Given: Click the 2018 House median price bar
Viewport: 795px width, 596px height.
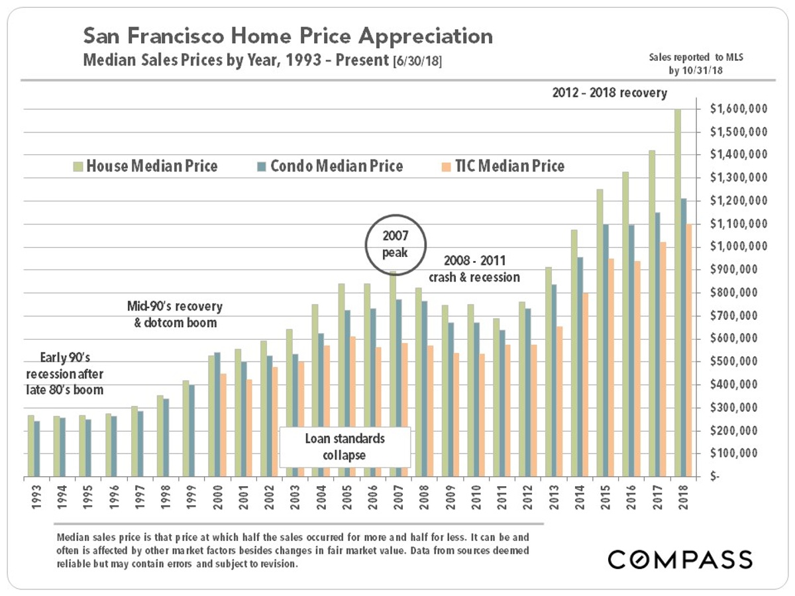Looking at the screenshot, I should (677, 291).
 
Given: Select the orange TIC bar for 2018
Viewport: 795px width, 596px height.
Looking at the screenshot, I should (689, 351).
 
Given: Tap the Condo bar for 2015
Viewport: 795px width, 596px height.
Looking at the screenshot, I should (605, 351).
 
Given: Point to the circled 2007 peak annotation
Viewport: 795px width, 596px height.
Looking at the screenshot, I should (392, 242).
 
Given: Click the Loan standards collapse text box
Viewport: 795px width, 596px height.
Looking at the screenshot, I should (344, 447).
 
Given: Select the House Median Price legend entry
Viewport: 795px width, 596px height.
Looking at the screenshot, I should (145, 166).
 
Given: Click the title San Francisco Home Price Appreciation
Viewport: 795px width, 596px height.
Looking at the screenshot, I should (288, 36).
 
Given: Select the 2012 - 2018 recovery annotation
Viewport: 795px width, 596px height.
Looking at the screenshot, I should (609, 93).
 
